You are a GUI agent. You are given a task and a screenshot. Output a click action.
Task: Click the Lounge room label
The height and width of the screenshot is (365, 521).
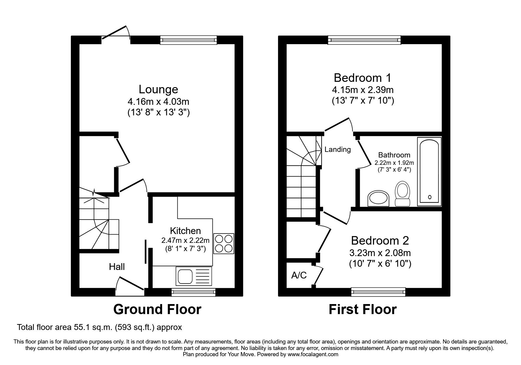158,89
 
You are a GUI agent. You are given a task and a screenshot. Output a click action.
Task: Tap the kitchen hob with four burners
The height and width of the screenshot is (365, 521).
224,243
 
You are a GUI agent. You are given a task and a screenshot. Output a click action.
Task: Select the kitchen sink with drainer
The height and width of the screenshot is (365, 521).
194,276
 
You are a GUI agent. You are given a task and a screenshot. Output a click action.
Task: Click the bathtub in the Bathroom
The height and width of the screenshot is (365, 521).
429,171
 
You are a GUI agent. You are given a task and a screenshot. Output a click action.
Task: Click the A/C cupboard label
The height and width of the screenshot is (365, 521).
299,275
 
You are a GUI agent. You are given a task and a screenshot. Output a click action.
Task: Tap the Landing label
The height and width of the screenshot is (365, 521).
337,150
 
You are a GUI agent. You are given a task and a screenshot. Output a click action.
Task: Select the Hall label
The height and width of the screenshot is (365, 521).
117,267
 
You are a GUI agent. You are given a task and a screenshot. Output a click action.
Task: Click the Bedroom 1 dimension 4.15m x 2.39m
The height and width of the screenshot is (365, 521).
363,89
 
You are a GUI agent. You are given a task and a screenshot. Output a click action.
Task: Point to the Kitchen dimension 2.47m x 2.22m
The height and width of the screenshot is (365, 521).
185,240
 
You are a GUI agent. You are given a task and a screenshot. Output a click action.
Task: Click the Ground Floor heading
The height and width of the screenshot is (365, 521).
157,310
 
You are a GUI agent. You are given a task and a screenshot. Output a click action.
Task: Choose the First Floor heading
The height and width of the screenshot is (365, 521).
362,310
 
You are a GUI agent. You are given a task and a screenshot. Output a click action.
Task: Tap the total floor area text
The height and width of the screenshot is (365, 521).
99,327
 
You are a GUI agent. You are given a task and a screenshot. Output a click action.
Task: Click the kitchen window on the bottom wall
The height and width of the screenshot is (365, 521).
194,292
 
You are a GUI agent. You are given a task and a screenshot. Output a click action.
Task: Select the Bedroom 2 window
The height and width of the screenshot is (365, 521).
378,292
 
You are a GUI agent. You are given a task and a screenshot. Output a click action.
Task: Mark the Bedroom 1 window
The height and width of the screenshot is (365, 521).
364,40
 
